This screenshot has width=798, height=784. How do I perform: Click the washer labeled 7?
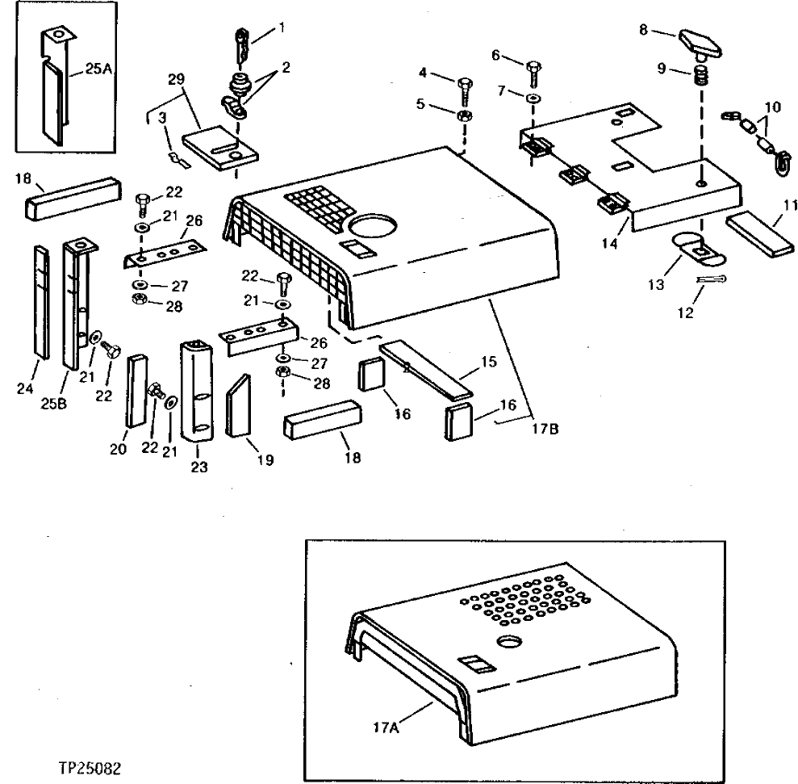[533, 99]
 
